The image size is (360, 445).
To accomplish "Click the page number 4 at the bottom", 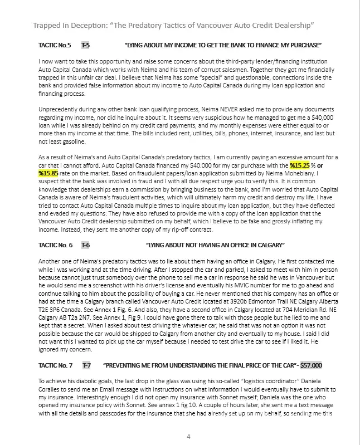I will click(x=188, y=436).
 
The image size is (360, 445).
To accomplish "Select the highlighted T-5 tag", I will click(x=86, y=45).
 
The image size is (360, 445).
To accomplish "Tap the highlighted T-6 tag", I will click(x=86, y=245).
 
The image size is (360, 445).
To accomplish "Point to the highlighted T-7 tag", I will click(x=87, y=365).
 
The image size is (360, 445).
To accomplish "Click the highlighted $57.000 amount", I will click(x=311, y=365).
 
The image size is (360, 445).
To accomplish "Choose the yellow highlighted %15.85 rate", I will click(x=49, y=173).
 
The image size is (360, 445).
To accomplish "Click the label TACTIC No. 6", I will click(x=56, y=245).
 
